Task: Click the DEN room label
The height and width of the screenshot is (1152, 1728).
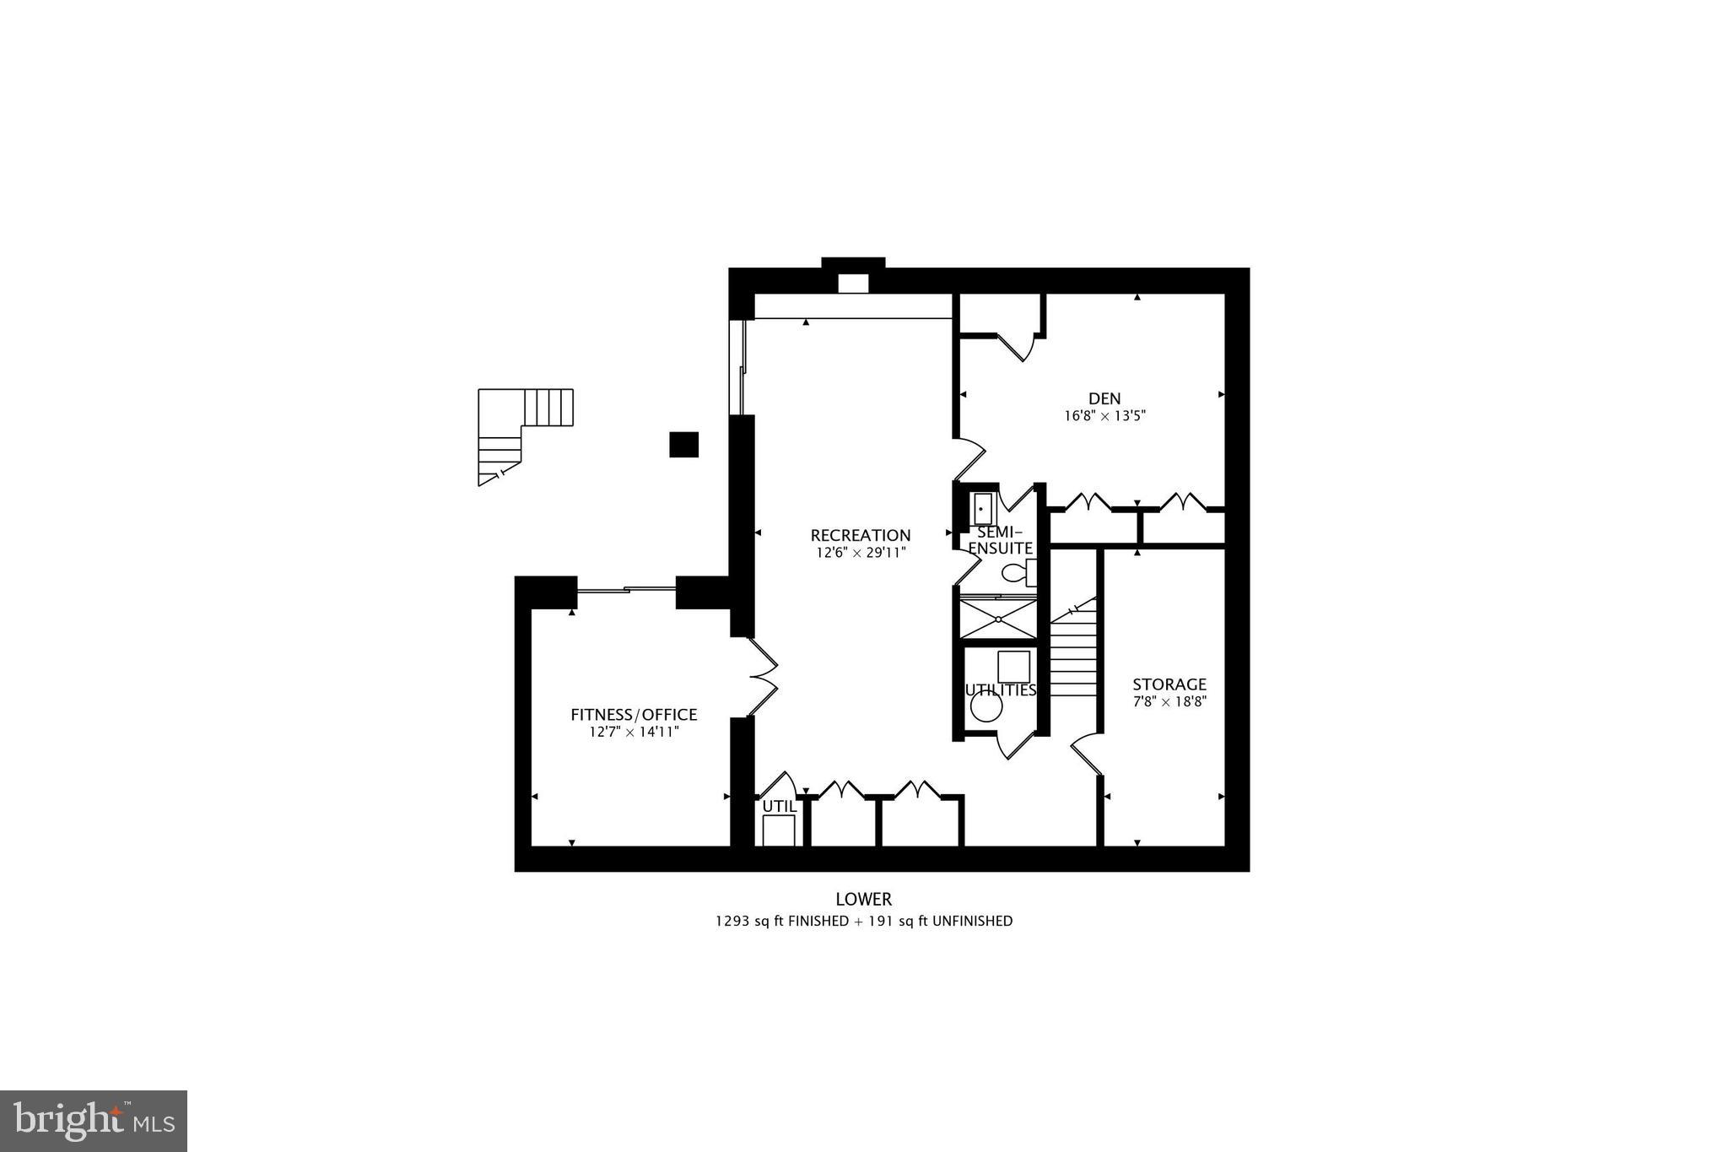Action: tap(1104, 398)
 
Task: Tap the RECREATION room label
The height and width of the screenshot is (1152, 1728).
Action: tap(860, 535)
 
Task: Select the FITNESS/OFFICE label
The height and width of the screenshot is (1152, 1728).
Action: tap(634, 715)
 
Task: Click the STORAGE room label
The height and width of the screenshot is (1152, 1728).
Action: tap(1169, 684)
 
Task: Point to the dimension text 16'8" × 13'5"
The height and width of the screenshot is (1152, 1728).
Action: tap(1104, 416)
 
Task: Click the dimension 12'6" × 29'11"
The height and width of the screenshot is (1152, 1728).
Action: tap(860, 553)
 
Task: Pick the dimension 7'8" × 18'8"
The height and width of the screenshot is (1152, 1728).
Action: tap(1169, 701)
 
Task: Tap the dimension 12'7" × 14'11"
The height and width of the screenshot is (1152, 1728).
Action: tap(634, 732)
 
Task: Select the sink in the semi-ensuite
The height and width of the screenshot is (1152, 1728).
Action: tap(982, 509)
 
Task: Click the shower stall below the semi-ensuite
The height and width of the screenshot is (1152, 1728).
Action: tap(998, 619)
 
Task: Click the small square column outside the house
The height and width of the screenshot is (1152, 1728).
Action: tap(683, 444)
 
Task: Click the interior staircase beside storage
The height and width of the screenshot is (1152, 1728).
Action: tap(1073, 654)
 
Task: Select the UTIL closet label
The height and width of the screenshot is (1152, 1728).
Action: tap(779, 806)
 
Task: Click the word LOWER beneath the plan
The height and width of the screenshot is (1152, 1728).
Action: tap(863, 900)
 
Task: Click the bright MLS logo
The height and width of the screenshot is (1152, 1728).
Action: tap(94, 1121)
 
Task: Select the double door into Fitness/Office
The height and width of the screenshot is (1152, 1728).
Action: tap(761, 676)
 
